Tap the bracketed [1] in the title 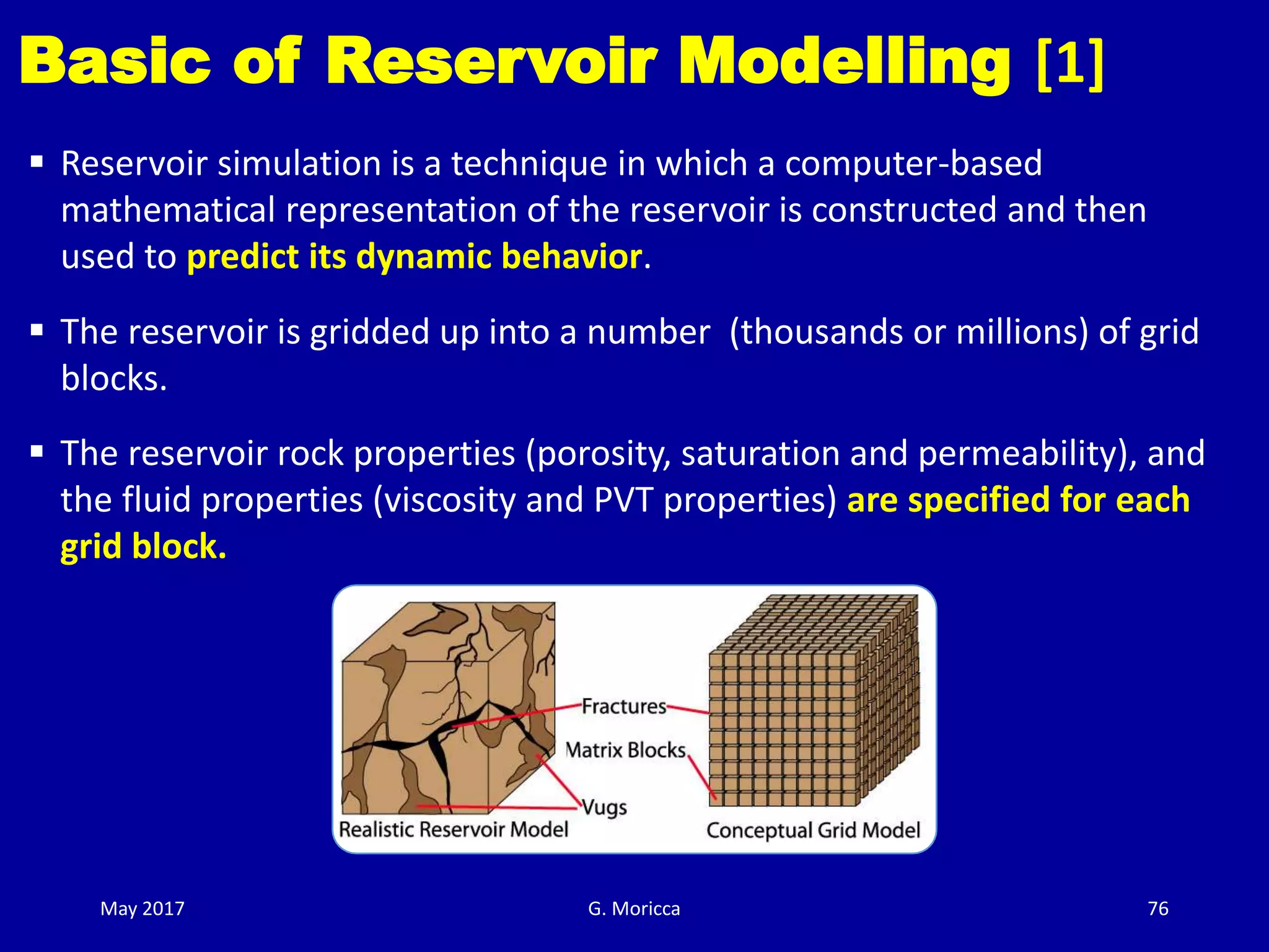pyautogui.click(x=1069, y=63)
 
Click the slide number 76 pyautogui.click(x=1158, y=909)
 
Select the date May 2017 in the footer pyautogui.click(x=143, y=909)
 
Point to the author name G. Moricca pyautogui.click(x=634, y=909)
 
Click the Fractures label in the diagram pyautogui.click(x=623, y=707)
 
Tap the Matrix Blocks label pyautogui.click(x=625, y=750)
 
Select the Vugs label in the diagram pyautogui.click(x=604, y=807)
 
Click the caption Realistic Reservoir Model pyautogui.click(x=454, y=829)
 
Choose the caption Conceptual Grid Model pyautogui.click(x=813, y=831)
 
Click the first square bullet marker pyautogui.click(x=37, y=163)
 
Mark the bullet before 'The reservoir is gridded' pyautogui.click(x=37, y=329)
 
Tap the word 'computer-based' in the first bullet pyautogui.click(x=913, y=164)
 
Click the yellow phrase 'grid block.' pyautogui.click(x=144, y=547)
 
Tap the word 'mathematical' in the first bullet pyautogui.click(x=168, y=210)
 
